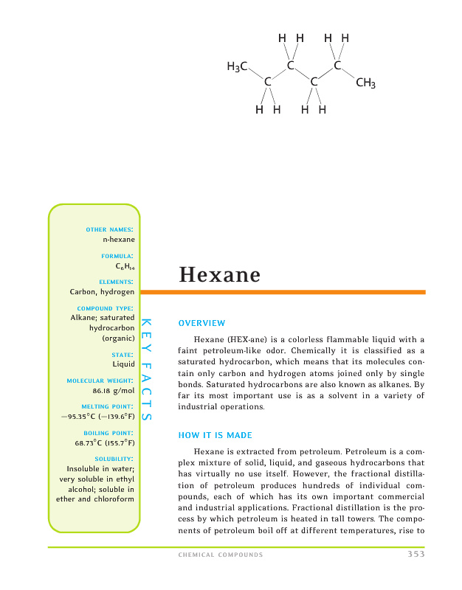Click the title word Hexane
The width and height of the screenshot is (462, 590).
219,275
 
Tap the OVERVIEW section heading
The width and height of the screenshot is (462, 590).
202,323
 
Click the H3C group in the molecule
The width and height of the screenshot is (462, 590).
237,67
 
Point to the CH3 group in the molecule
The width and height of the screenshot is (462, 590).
366,83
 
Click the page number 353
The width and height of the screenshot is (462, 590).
416,555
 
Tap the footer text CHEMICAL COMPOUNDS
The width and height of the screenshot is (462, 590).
221,555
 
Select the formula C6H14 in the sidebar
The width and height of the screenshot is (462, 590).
124,265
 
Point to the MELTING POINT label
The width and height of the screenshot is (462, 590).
108,406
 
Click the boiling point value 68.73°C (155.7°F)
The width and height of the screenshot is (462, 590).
104,443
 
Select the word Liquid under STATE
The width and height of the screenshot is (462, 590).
123,364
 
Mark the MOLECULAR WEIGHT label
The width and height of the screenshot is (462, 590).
100,381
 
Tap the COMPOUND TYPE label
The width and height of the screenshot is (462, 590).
105,308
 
